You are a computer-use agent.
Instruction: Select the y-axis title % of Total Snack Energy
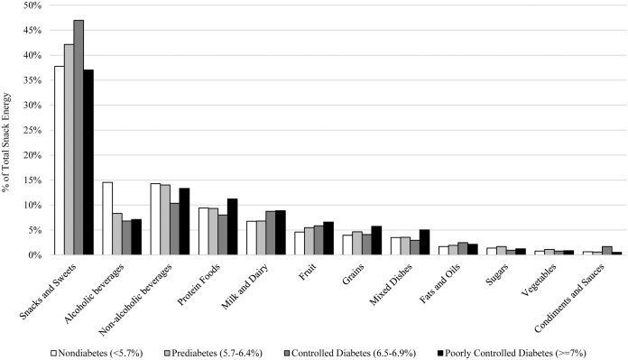(10, 130)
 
